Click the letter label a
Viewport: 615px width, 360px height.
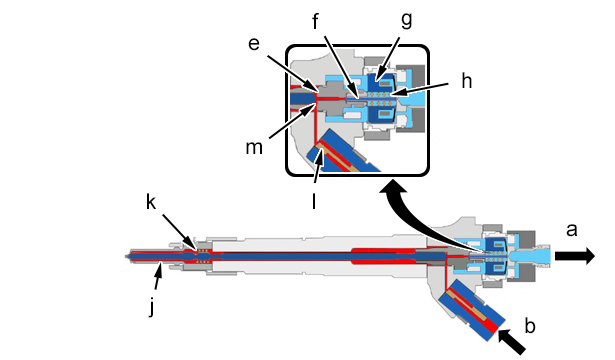[571, 230]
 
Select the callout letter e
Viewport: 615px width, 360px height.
[254, 44]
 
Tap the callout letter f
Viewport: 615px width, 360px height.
[315, 22]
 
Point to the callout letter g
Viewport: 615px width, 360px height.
[407, 20]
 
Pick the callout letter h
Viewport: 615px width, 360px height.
[466, 81]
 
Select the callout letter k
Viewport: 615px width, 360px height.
[151, 202]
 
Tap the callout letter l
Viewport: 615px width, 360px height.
[314, 201]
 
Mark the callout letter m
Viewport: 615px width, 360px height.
[254, 147]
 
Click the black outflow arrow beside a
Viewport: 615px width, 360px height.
[575, 256]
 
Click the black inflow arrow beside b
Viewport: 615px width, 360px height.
[511, 342]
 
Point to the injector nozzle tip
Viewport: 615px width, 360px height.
[127, 256]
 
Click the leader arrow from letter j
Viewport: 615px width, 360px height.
[157, 276]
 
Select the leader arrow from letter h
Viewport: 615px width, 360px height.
[418, 89]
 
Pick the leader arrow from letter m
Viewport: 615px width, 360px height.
[293, 121]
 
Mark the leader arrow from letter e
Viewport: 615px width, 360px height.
[292, 73]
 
